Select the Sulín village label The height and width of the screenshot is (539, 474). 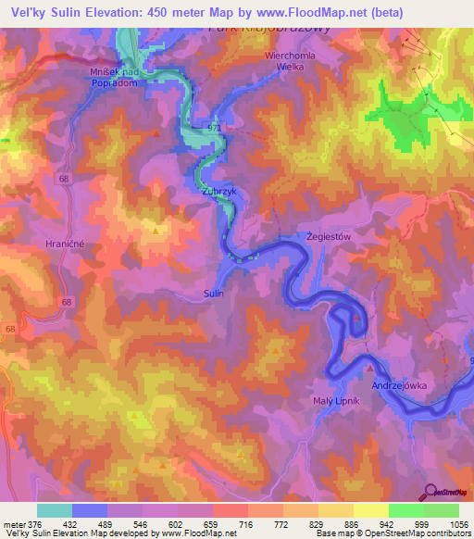(213, 292)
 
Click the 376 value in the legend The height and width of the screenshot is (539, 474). (35, 523)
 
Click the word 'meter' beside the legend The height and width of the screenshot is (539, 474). (14, 523)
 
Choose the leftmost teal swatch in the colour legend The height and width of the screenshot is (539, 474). (54, 510)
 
